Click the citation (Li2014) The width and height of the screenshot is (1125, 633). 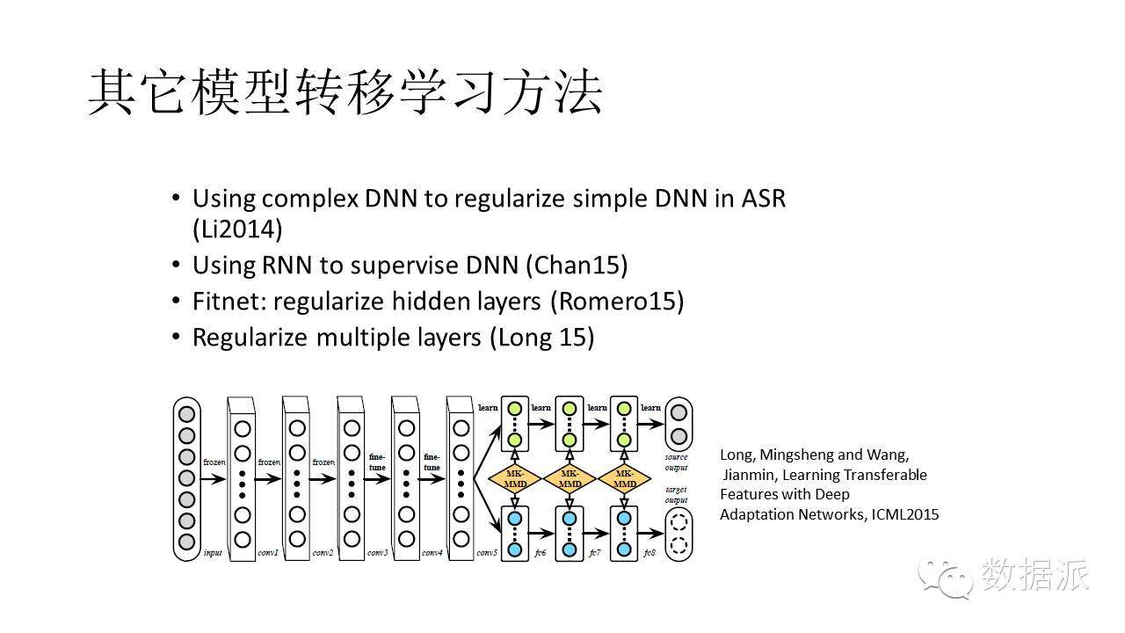237,229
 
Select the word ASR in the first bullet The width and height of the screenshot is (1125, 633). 763,198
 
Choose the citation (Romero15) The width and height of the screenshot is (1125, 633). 617,302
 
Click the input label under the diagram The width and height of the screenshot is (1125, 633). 213,553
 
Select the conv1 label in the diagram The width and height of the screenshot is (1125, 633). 268,553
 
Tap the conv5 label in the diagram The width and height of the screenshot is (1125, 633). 487,553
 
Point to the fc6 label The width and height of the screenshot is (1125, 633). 540,553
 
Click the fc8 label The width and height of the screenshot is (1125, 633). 650,553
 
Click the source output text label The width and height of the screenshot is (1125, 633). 677,462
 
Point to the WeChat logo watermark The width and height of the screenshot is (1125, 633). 946,576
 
